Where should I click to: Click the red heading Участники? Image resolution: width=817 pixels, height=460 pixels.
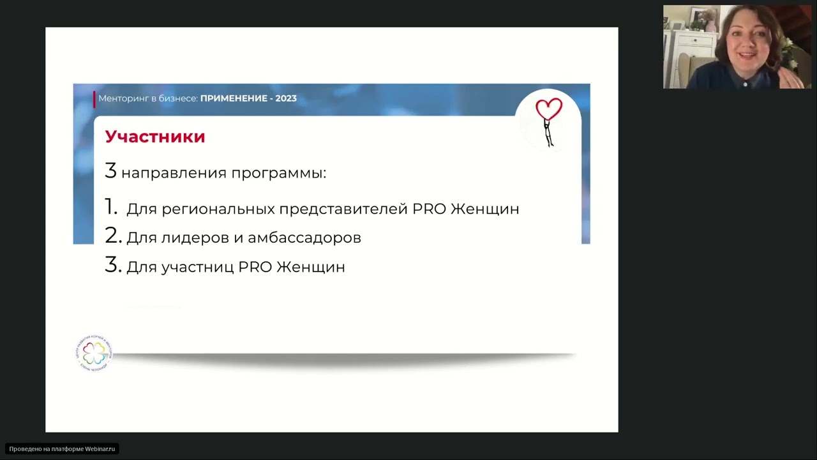point(155,137)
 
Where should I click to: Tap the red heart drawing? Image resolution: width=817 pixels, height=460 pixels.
point(549,109)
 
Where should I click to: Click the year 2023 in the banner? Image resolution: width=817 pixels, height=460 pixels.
point(286,98)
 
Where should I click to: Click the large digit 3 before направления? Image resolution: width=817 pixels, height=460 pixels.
point(111,171)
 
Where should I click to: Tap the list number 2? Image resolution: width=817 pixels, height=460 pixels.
point(113,236)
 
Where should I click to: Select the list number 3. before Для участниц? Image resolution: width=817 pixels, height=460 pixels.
point(113,265)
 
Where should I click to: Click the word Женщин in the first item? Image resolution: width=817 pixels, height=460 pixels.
point(484,209)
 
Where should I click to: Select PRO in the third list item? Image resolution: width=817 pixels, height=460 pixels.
point(255,267)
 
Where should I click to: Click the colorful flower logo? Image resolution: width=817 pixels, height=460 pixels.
point(94,353)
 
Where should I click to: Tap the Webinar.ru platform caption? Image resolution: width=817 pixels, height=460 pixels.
point(63,449)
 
